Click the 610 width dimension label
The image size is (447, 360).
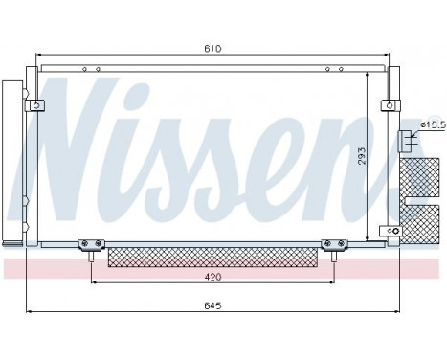212,47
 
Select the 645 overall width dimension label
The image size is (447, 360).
212,305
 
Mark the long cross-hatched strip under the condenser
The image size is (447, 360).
212,256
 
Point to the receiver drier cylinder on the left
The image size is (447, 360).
13,164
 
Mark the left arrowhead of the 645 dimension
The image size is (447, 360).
29,312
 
